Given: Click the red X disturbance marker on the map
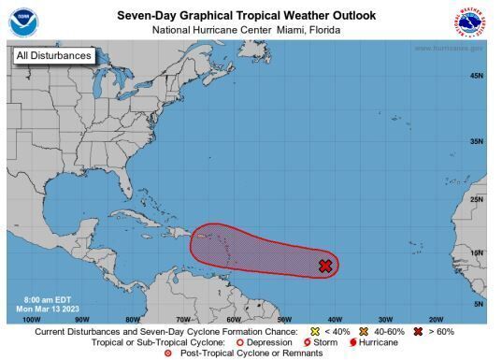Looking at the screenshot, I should [x=325, y=266].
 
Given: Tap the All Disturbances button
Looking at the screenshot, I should [x=54, y=56].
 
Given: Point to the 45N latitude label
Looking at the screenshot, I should [x=476, y=76].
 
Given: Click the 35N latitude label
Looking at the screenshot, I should [x=476, y=141].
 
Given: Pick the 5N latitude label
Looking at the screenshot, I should [x=478, y=304].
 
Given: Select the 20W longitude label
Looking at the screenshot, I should [x=435, y=318].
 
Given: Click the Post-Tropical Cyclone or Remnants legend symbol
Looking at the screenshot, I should [x=168, y=353].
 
